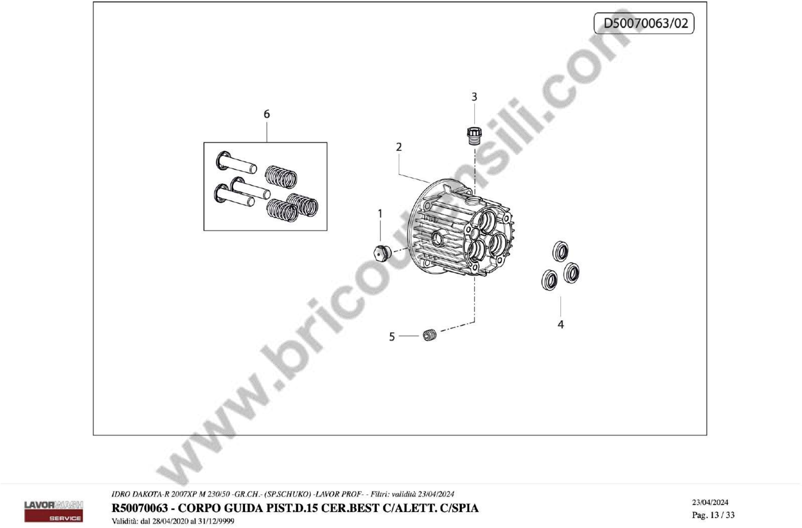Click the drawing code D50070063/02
click(x=645, y=23)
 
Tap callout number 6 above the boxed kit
click(x=266, y=114)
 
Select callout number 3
click(x=474, y=97)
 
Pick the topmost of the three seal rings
click(x=560, y=251)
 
